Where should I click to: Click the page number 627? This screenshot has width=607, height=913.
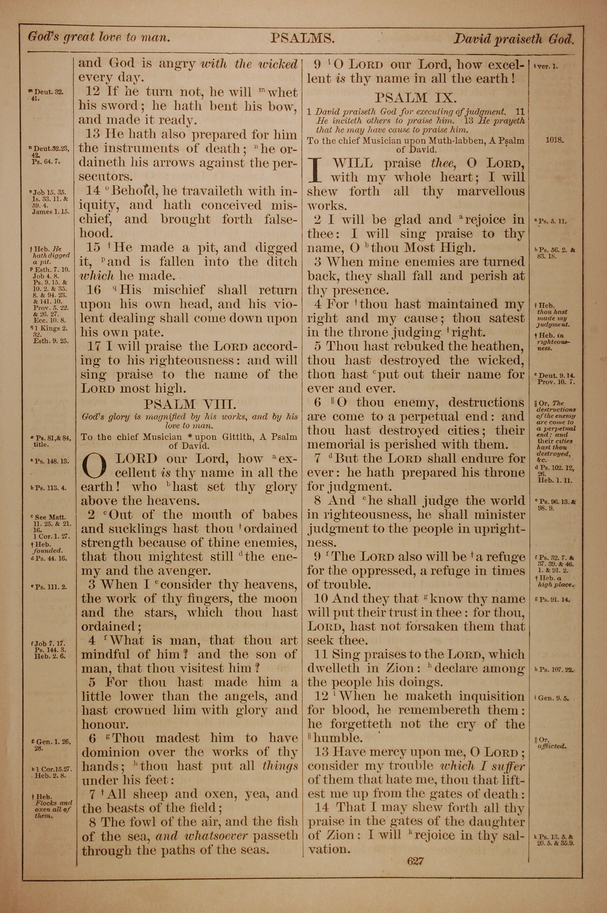(415, 861)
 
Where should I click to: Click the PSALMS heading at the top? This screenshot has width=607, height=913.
(302, 38)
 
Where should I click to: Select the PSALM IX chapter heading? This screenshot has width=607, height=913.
(416, 97)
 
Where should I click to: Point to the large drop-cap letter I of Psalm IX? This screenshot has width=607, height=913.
(317, 170)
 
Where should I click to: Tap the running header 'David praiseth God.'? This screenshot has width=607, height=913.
(513, 39)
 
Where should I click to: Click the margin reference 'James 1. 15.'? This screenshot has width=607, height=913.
(50, 212)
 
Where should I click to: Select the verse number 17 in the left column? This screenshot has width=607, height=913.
(93, 346)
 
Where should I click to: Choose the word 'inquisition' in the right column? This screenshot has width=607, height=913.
(492, 696)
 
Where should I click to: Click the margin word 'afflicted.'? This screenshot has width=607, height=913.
(551, 746)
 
